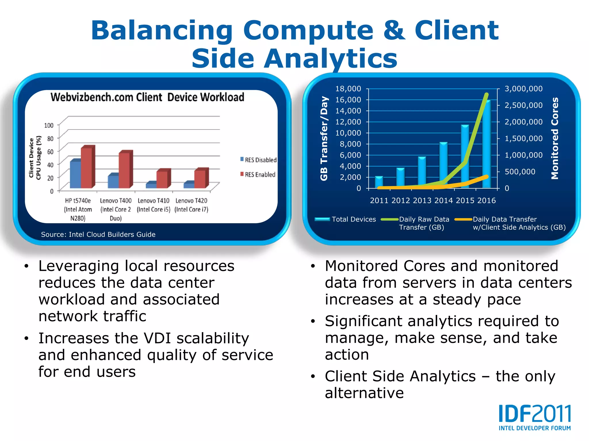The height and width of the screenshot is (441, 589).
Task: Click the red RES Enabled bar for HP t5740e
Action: [x=87, y=168]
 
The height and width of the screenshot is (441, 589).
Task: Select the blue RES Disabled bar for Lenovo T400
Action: [x=113, y=181]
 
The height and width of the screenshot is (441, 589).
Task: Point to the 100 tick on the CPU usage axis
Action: [x=49, y=125]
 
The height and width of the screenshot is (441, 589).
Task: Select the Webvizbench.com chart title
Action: [x=147, y=97]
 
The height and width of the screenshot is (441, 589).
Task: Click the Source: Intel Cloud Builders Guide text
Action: [x=98, y=235]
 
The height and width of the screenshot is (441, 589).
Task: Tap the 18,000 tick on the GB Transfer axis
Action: [x=348, y=89]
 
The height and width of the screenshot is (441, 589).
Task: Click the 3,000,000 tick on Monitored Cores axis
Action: [x=523, y=89]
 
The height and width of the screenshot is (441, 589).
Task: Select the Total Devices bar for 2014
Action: [x=443, y=165]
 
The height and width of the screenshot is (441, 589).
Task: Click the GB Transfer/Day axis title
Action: [x=324, y=138]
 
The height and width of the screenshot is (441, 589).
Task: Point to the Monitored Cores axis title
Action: [x=554, y=138]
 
